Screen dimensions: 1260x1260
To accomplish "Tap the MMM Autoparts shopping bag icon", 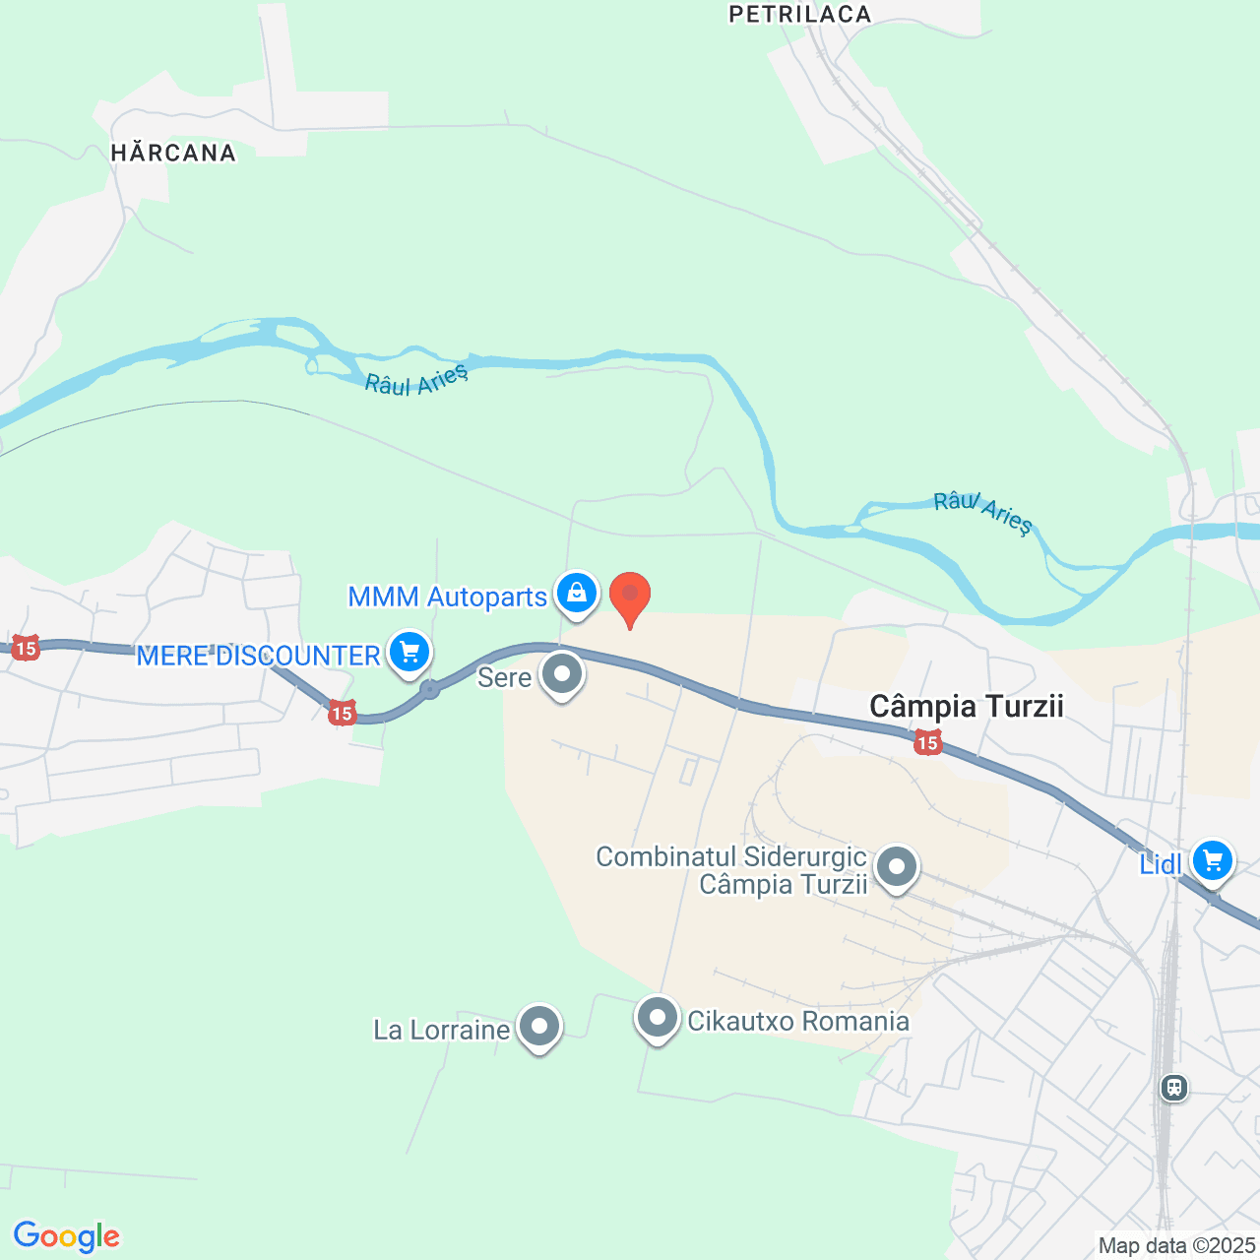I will [x=577, y=594].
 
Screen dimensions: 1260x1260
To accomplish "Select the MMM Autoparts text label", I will [x=447, y=597].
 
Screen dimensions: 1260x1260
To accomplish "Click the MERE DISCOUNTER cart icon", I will [x=409, y=652].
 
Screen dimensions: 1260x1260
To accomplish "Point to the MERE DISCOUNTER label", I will [x=258, y=656].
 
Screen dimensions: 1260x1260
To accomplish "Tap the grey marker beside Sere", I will [x=563, y=674].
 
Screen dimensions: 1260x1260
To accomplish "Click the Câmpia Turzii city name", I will [x=967, y=706].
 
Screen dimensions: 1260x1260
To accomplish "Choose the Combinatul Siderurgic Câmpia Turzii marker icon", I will [x=896, y=868].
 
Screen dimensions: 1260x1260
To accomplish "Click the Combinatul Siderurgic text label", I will [x=732, y=870].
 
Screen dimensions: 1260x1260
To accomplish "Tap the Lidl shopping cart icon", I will [x=1212, y=860].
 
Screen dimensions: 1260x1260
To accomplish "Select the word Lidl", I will [x=1161, y=864].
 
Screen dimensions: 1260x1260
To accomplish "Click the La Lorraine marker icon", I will [x=538, y=1027].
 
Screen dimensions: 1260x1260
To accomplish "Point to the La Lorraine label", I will [x=442, y=1030].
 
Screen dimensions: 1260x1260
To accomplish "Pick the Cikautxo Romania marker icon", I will [x=658, y=1018].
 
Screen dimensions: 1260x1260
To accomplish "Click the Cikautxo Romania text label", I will [x=798, y=1021].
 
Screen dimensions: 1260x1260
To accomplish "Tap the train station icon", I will [x=1173, y=1087].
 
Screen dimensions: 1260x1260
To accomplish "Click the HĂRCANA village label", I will [x=173, y=153].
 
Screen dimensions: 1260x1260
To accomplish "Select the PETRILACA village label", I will [x=799, y=14].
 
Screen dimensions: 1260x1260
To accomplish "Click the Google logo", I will [x=67, y=1236].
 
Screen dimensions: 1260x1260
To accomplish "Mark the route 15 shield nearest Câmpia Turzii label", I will [x=927, y=742].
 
